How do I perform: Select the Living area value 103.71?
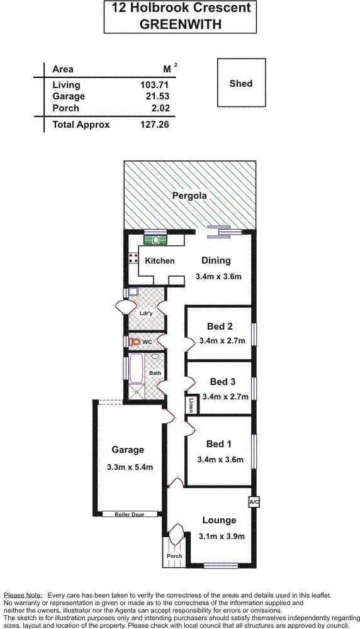pos(155,84)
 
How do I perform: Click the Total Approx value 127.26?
pos(155,125)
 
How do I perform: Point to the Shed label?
pos(241,83)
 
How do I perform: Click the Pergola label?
pos(189,196)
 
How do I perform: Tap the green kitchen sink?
pos(154,238)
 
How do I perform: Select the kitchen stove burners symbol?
pos(133,257)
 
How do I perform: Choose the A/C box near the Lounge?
pos(254,502)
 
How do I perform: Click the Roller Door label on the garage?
pos(129,515)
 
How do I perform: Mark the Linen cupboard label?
pos(190,405)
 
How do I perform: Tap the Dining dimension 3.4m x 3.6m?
pos(218,276)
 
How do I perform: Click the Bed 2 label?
pos(220,326)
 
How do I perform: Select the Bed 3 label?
pos(223,382)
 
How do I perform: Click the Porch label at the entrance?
pos(174,556)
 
